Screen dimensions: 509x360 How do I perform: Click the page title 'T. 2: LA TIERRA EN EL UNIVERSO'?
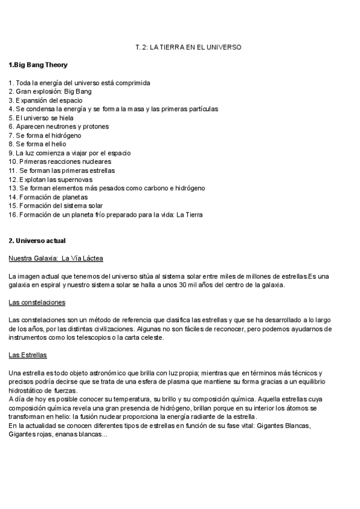[x=188, y=47]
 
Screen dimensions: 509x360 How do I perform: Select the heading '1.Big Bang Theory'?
[x=38, y=65]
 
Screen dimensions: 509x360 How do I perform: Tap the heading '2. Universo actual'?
[x=37, y=241]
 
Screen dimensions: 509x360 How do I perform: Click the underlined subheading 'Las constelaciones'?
[x=37, y=302]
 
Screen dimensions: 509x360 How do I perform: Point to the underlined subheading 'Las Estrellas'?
[x=28, y=355]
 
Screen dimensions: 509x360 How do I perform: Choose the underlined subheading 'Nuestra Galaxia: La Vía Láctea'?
[x=56, y=258]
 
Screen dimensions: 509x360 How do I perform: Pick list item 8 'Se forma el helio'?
[x=37, y=144]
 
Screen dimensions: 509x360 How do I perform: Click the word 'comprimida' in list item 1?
[x=132, y=82]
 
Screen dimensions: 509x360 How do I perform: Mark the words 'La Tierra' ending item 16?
[x=189, y=214]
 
